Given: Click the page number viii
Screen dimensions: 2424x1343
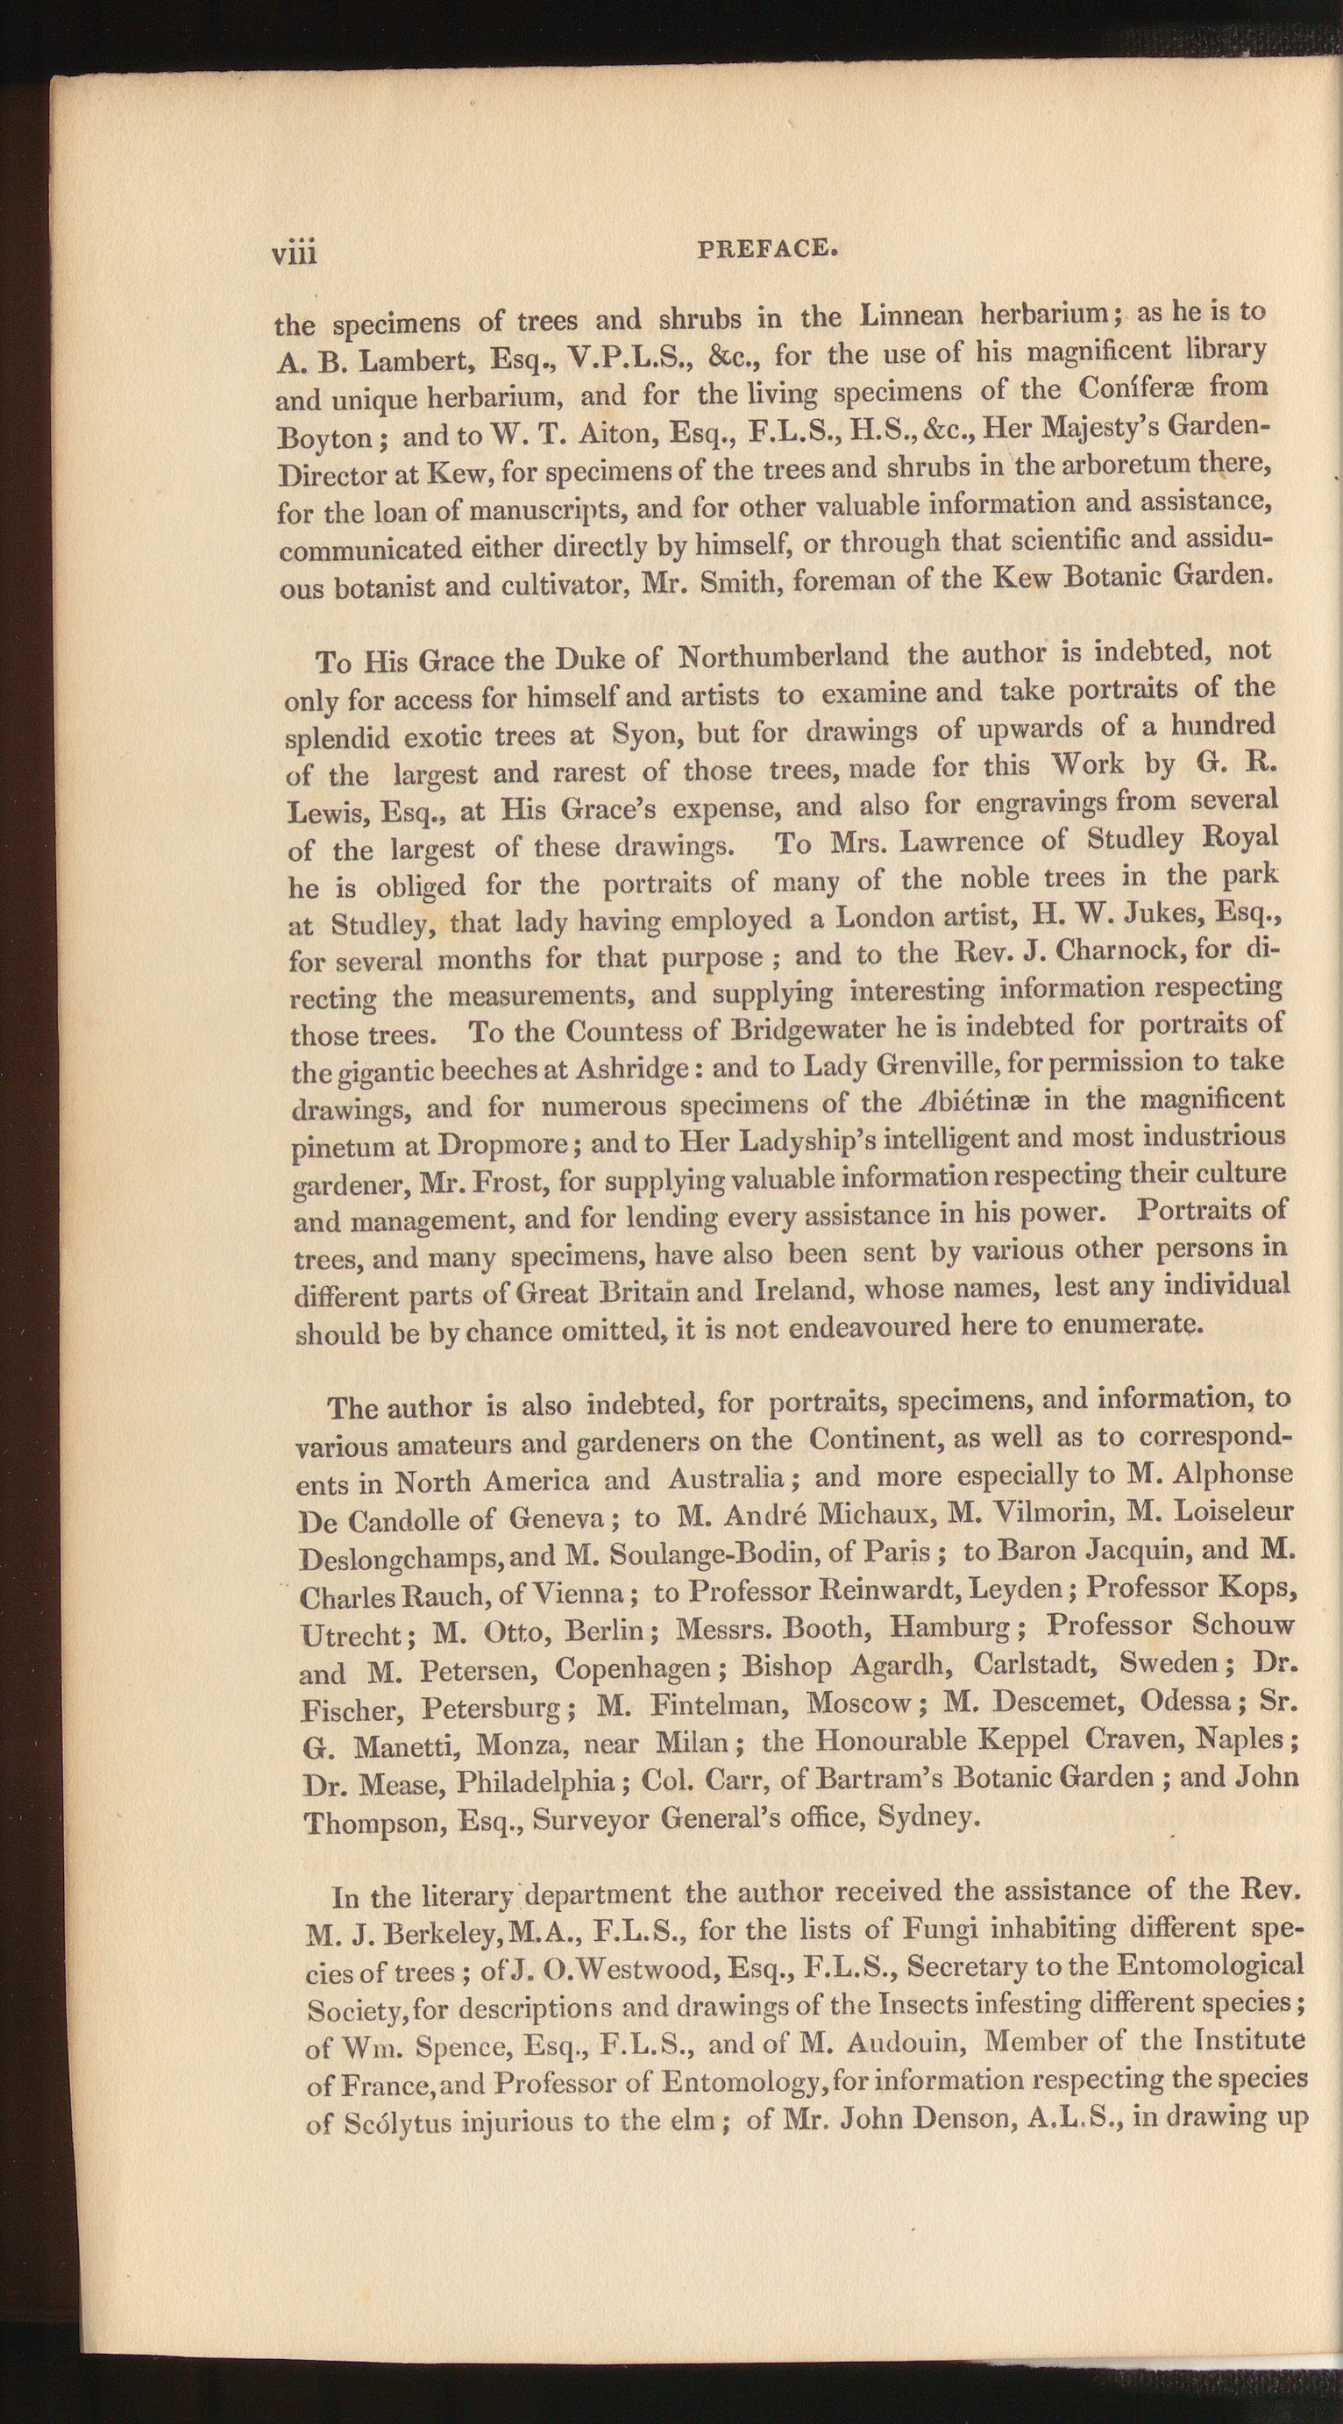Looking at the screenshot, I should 295,253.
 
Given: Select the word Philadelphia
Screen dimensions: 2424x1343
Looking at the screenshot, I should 535,1781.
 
